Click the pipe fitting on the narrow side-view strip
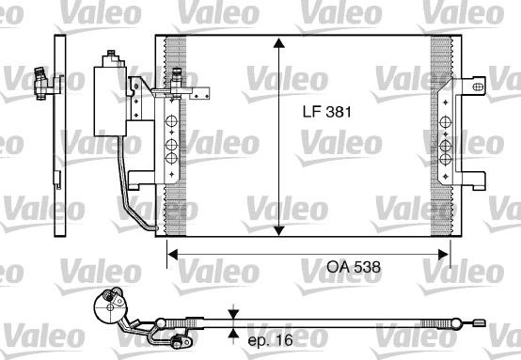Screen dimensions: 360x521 pyautogui.click(x=39, y=81)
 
